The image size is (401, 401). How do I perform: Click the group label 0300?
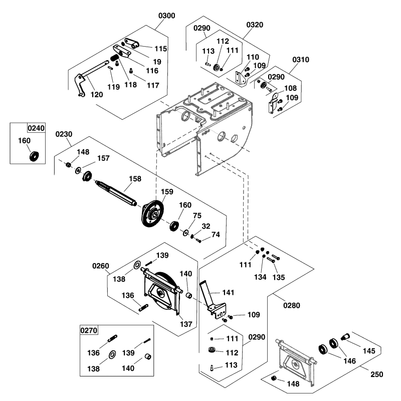[167, 16]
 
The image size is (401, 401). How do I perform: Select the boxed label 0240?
[36, 128]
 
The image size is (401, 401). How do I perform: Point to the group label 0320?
[255, 25]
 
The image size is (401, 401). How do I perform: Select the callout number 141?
[229, 292]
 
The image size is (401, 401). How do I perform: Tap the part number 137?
[186, 324]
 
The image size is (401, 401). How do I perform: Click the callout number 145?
[368, 351]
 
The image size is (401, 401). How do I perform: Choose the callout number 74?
[216, 234]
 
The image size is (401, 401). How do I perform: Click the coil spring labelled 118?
[115, 62]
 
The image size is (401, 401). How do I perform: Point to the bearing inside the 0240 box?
[35, 156]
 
